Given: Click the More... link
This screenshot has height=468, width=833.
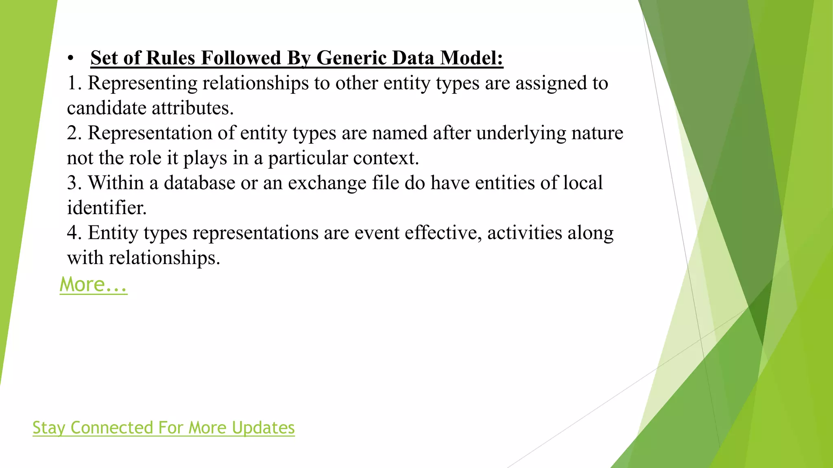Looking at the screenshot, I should coord(93,284).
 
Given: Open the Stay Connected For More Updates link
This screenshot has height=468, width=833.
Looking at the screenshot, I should coord(164,428).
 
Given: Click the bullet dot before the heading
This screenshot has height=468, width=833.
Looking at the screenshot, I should coord(71,58).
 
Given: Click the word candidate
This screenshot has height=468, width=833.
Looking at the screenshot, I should coord(107,108).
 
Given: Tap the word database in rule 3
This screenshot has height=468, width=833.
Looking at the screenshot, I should coord(199,183).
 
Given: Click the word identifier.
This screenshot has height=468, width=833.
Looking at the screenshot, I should coord(107,208).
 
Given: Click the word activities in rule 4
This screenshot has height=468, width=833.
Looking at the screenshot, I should coord(524,233).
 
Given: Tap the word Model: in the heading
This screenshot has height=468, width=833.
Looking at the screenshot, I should coord(472,58).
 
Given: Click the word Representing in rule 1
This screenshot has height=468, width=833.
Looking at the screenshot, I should coord(142,83).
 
